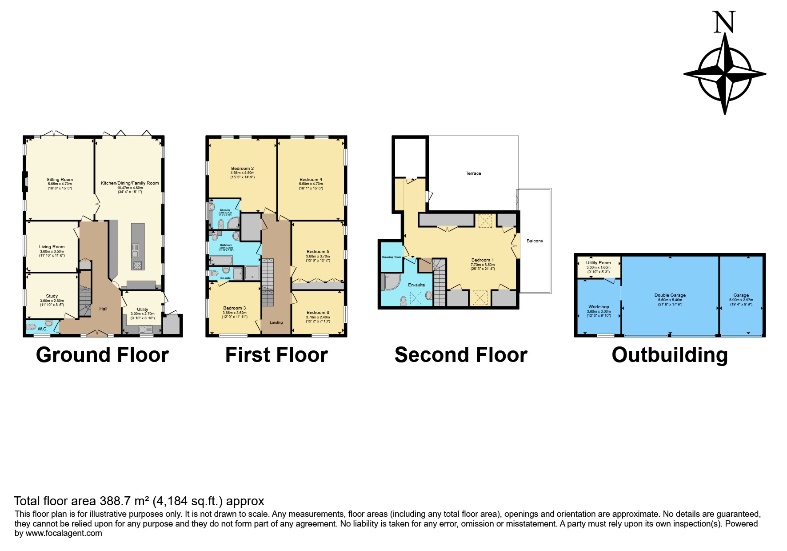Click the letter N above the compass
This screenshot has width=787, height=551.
pos(724,22)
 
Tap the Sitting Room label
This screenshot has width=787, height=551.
pos(60,180)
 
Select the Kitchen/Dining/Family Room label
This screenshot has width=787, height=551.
pos(130,183)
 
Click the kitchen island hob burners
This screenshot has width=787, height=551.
pos(137,265)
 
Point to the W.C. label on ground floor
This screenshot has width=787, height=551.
pos(42,329)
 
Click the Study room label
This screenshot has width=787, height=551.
pos(52,296)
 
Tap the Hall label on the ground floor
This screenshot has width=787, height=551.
pos(103,309)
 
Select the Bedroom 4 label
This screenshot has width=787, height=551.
pos(311,180)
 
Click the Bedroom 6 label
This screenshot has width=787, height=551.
pos(318,312)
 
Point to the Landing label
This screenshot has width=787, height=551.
pos(276,322)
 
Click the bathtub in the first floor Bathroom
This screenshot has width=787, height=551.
pos(221,260)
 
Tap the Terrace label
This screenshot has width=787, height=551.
pos(473,173)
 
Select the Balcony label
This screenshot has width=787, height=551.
pos(535,241)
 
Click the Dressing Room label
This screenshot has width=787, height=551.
pos(391,257)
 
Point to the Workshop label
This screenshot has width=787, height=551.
pos(599,307)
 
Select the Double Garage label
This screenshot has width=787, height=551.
pos(670,295)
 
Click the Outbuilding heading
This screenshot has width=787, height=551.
pos(670,355)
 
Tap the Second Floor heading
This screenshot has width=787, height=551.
pos(461,355)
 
